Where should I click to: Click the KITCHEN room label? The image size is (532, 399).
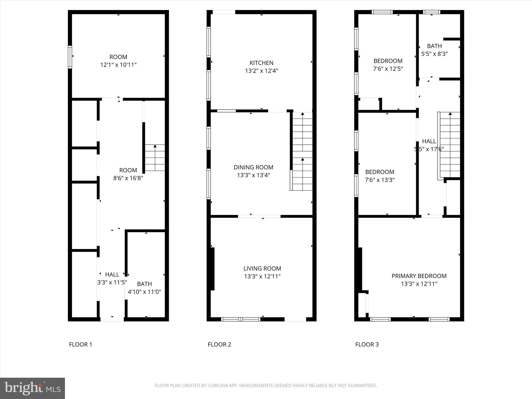tap(261, 63)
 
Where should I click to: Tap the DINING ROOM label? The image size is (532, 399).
tap(253, 167)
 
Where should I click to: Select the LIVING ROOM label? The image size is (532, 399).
tap(262, 268)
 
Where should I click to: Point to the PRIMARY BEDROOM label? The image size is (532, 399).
tap(419, 276)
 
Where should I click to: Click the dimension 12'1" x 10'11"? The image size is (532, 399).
tap(118, 65)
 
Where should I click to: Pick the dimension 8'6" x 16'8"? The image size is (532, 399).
tap(128, 178)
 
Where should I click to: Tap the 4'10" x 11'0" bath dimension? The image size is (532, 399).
tap(144, 292)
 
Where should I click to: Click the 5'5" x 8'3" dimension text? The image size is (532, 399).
tap(434, 54)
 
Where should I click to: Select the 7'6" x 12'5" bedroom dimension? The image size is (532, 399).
tap(388, 69)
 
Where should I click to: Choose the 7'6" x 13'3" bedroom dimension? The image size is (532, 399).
tap(380, 180)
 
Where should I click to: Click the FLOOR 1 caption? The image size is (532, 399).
tap(81, 344)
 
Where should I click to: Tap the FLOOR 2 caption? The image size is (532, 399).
tap(219, 344)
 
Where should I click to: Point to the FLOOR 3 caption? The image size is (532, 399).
tap(367, 344)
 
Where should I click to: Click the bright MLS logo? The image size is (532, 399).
tap(32, 388)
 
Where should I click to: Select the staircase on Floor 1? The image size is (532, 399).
tap(155, 158)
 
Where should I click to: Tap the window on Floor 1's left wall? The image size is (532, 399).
tap(70, 57)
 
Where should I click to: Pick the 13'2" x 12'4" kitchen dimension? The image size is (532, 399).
tap(261, 71)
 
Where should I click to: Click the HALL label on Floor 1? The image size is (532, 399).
tap(112, 274)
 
